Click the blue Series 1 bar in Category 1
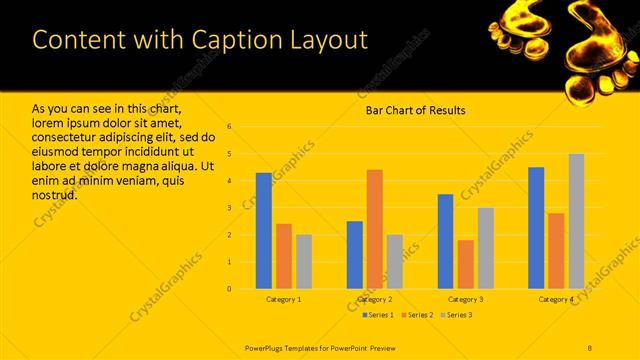pyautogui.click(x=264, y=231)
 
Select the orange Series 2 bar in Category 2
pyautogui.click(x=374, y=229)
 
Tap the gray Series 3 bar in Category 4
pyautogui.click(x=576, y=221)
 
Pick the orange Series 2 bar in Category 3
pyautogui.click(x=466, y=264)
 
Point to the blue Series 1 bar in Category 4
pyautogui.click(x=536, y=228)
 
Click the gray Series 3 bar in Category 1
pyautogui.click(x=304, y=262)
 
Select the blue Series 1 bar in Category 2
pyautogui.click(x=355, y=255)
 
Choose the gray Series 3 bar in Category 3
pyautogui.click(x=486, y=248)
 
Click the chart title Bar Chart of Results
pyautogui.click(x=415, y=110)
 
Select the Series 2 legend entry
pyautogui.click(x=418, y=315)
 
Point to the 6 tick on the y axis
pyautogui.click(x=230, y=127)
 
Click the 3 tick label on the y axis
pyautogui.click(x=230, y=208)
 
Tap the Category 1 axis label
pyautogui.click(x=284, y=299)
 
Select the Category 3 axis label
pyautogui.click(x=466, y=299)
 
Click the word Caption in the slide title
pyautogui.click(x=232, y=39)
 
